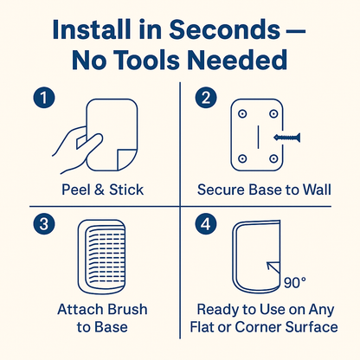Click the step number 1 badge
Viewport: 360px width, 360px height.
pos(44,98)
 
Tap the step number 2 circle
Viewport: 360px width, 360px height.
pos(206,98)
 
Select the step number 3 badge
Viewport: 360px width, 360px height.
pos(44,224)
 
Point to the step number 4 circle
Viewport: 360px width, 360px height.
pos(206,224)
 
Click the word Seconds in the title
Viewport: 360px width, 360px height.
pos(225,29)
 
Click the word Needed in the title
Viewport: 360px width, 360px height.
pos(237,60)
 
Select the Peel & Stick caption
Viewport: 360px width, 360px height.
pos(103,190)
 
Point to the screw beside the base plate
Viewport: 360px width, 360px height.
pos(287,138)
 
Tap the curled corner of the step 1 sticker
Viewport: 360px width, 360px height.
pos(126,159)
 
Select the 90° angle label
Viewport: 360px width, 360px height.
pos(295,283)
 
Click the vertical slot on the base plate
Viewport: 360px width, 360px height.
pos(258,137)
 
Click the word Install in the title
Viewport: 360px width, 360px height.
pos(92,29)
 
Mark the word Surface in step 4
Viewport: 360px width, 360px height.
pos(312,327)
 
